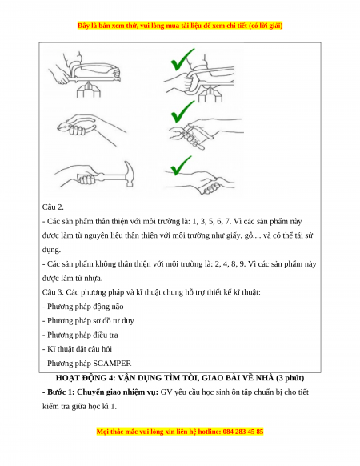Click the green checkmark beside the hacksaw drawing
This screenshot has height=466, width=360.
[182, 61]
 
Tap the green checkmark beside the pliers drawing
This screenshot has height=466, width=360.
[182, 113]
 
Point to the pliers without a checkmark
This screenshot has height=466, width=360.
[77, 128]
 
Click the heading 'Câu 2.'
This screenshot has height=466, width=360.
[53, 207]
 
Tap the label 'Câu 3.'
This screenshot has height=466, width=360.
[53, 292]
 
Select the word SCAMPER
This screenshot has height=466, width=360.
[112, 364]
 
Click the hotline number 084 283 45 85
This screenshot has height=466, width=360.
[243, 432]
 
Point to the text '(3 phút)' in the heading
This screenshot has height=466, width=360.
[290, 378]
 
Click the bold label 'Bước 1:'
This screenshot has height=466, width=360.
[58, 392]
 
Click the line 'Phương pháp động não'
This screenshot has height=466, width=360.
[83, 307]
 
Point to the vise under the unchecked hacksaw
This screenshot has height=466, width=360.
[89, 90]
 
